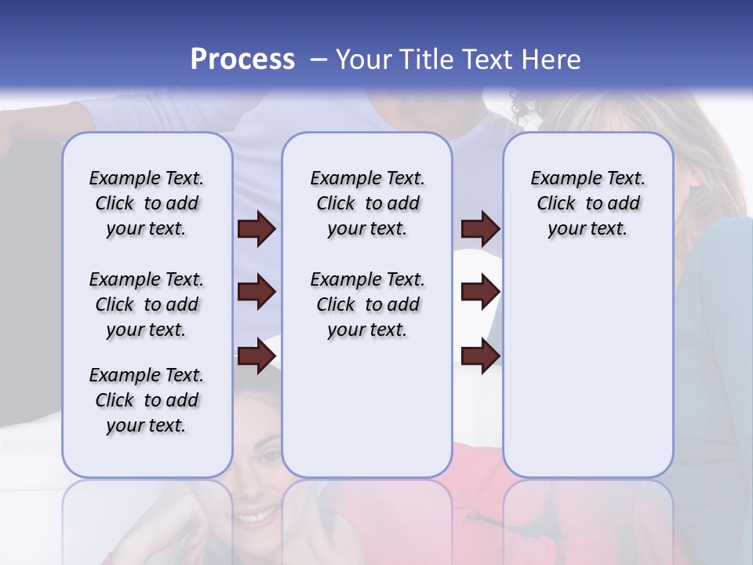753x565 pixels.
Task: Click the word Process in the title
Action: click(242, 59)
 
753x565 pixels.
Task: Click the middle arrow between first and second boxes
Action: click(256, 292)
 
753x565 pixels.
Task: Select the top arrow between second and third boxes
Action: click(480, 228)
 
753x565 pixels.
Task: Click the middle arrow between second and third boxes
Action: click(480, 292)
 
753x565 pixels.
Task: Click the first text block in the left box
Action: click(147, 203)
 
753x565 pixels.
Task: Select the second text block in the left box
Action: click(147, 304)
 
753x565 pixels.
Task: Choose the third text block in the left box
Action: click(147, 400)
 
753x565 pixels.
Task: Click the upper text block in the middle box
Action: click(367, 203)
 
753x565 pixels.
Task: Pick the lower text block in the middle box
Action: click(367, 304)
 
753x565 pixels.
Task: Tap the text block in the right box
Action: click(587, 203)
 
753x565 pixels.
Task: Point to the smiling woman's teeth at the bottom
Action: click(258, 516)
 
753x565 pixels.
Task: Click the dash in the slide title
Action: click(318, 59)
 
